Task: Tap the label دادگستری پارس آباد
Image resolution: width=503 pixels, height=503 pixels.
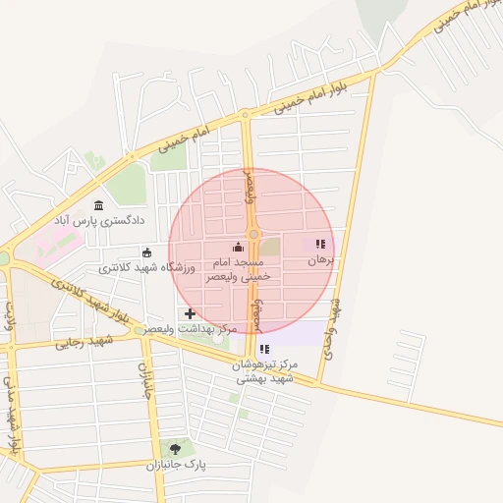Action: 103,222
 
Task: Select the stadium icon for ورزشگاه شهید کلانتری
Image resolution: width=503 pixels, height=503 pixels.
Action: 147,252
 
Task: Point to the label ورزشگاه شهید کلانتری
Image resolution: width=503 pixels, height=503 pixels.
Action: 147,268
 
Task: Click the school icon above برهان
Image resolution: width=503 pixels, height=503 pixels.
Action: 319,244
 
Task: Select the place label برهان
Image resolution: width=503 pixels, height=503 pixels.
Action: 321,260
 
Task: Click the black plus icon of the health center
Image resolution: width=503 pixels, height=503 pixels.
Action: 190,313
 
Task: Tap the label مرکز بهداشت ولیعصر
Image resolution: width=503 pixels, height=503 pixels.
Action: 193,329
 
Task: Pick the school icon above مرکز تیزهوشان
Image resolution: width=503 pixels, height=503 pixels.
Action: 263,349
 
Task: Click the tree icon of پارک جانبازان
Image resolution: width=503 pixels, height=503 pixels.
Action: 175,449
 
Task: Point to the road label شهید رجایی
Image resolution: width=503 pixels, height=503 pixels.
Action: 84,342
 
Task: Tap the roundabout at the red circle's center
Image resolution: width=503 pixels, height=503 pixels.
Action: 253,234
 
